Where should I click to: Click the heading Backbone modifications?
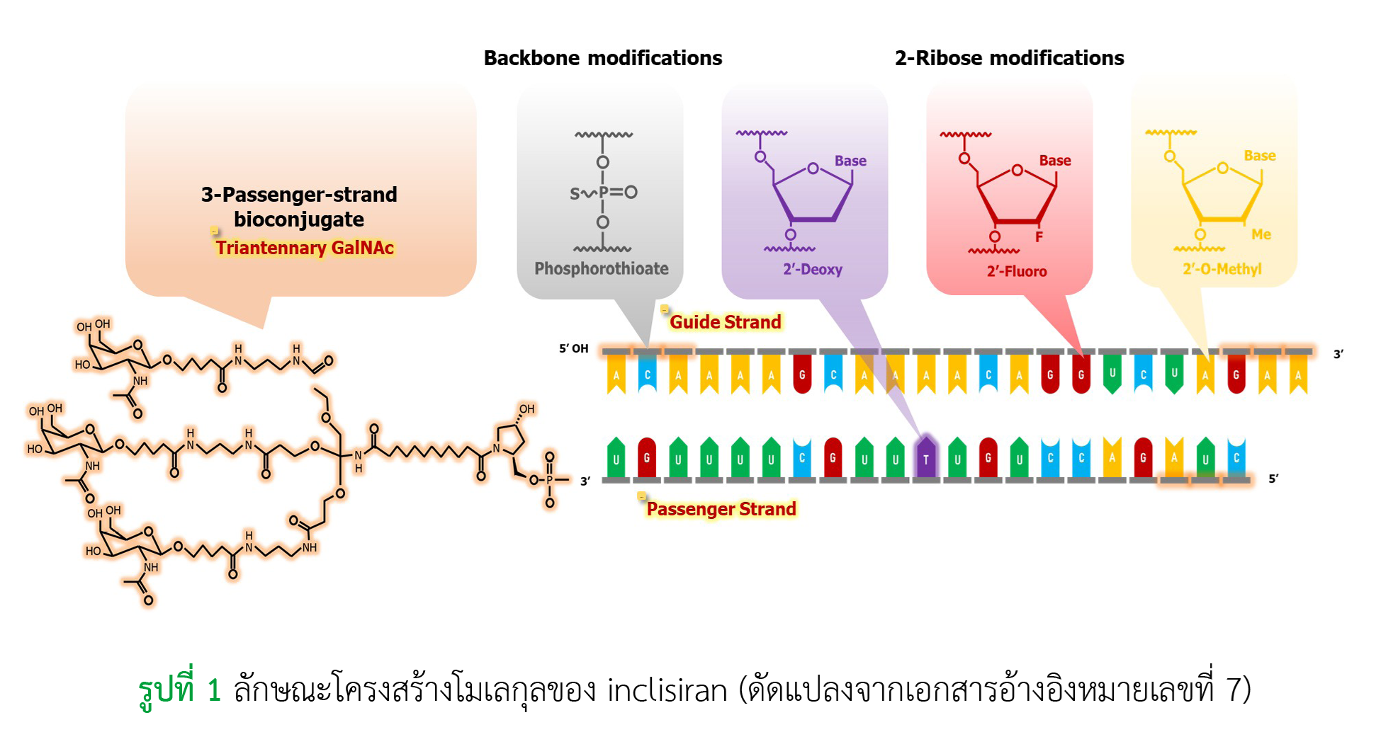(603, 58)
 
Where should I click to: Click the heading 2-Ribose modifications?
(1010, 58)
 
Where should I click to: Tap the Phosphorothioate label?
(602, 269)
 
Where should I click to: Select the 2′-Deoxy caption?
(813, 270)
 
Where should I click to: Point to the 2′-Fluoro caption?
(1017, 271)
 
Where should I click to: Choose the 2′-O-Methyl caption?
(1222, 269)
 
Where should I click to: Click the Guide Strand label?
(726, 322)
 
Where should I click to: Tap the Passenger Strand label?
(721, 509)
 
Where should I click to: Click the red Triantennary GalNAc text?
(305, 248)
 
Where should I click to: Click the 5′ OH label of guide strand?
(574, 348)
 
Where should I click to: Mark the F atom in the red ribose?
(1039, 237)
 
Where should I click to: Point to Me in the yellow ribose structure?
(1261, 234)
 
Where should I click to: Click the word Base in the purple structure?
(850, 161)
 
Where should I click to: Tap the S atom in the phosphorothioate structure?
(575, 193)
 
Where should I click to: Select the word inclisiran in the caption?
(667, 690)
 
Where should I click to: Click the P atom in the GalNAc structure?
(550, 480)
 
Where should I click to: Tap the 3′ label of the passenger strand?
(585, 481)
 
